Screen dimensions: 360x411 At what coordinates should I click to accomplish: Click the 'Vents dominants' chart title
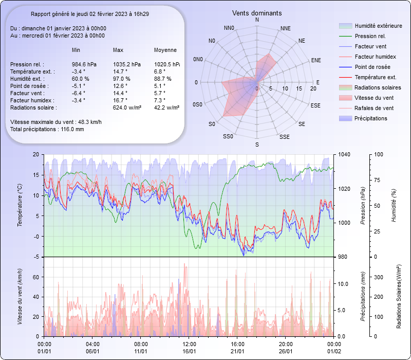[257, 13]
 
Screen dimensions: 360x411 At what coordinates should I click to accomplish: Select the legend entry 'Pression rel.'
[370, 36]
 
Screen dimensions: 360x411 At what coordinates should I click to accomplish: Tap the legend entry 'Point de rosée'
[372, 67]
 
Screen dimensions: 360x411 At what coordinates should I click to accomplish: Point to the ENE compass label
[316, 60]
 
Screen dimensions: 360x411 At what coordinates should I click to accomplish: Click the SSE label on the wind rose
[284, 137]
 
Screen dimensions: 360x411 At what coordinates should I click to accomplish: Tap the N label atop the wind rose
[257, 20]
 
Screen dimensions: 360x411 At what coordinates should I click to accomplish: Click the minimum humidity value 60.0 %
[80, 79]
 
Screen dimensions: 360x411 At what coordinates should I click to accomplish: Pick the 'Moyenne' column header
[165, 50]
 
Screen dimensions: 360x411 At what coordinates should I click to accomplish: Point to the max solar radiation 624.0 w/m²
[127, 107]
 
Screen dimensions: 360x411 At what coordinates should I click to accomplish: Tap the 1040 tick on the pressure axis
[344, 154]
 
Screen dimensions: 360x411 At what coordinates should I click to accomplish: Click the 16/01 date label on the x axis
[189, 351]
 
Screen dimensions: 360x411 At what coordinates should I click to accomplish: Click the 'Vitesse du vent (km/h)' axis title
[20, 296]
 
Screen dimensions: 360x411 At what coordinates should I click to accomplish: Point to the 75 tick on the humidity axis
[378, 180]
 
